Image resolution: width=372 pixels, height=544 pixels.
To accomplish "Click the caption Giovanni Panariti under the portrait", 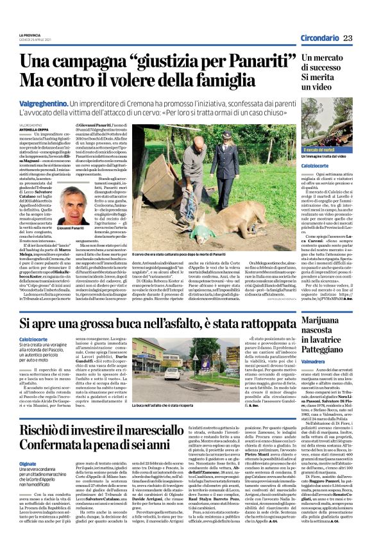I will click(x=71, y=227).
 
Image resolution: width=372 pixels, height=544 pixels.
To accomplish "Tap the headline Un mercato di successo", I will click(x=327, y=66).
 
